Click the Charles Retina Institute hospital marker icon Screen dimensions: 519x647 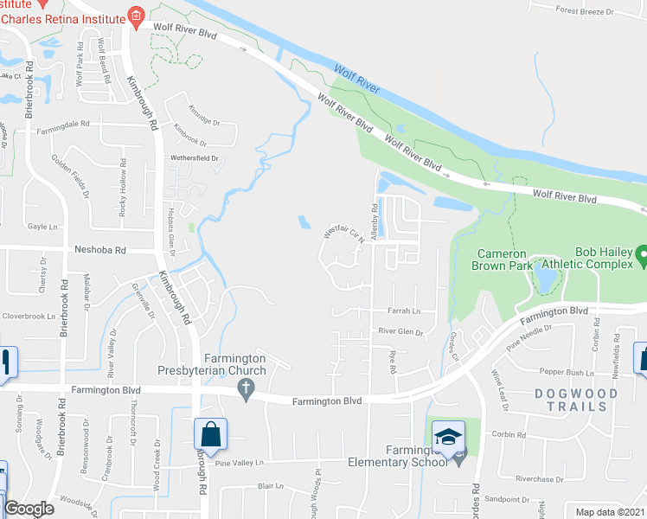pos(135,16)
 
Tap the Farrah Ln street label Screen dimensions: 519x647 pos(404,311)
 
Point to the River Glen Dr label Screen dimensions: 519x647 pos(400,331)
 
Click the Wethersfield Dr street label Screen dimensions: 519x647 pos(195,158)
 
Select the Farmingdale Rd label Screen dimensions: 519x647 pos(63,126)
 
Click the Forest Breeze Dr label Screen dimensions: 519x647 pos(585,11)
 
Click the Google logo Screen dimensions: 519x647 pos(29,509)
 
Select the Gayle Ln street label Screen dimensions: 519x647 pos(41,225)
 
